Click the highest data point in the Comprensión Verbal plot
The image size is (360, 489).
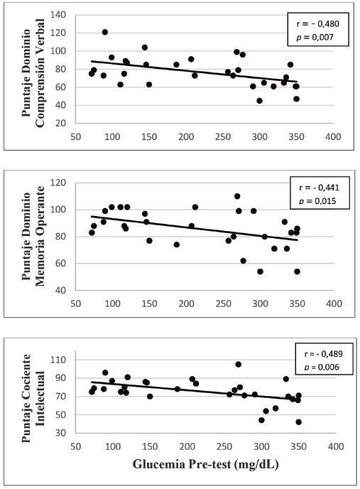(104, 32)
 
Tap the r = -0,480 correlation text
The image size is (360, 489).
(317, 24)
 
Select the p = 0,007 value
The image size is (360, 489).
(315, 38)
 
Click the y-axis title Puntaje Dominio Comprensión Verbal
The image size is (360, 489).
(33, 73)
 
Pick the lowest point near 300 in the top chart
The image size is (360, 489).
(259, 101)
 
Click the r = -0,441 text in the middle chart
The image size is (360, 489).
(319, 188)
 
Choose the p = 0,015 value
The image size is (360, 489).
(317, 201)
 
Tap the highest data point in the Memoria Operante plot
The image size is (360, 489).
(237, 196)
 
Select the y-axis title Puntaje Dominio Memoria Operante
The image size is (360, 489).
(33, 236)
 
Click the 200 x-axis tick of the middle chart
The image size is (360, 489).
(186, 303)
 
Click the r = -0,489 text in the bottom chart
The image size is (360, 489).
(323, 354)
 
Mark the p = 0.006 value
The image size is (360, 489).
(322, 367)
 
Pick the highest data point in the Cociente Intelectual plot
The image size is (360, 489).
(239, 364)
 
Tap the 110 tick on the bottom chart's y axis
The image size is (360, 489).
(58, 360)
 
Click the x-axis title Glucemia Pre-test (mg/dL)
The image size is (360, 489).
(205, 464)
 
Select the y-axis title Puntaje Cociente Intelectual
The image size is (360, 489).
(33, 398)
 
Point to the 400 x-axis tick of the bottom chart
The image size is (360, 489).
(336, 446)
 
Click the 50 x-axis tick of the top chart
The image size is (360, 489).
(75, 137)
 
